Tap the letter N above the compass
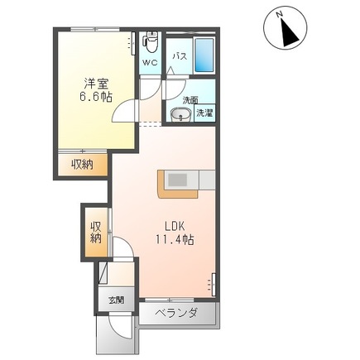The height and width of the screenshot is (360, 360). point(279,14)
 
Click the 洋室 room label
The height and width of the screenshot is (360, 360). point(94,83)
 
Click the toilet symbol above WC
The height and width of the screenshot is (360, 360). point(151,41)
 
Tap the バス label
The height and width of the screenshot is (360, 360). point(179,56)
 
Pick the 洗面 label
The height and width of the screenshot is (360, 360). point(190,100)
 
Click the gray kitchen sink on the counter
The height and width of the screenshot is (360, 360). point(179,179)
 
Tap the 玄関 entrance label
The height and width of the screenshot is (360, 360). point(115,300)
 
